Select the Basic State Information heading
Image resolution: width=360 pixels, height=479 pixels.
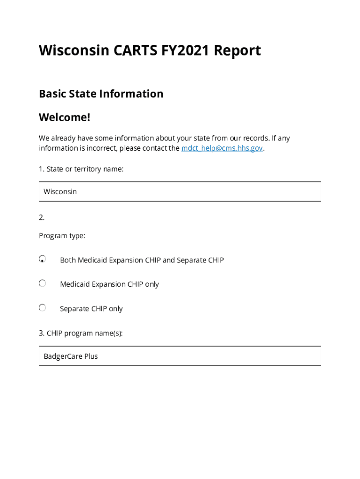coord(101,94)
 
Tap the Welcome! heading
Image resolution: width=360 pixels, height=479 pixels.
coord(65,117)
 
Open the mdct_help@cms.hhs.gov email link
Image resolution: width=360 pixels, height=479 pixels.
coord(222,148)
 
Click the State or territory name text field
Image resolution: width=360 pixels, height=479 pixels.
coord(180,191)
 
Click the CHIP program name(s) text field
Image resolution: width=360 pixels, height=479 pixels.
coord(180,356)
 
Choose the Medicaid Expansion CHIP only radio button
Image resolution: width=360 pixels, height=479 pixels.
coord(43,283)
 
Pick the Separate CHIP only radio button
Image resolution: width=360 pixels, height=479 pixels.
coord(43,308)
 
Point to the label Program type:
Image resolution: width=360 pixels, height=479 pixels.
coord(62,236)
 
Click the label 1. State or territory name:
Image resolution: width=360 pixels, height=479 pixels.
coord(81,169)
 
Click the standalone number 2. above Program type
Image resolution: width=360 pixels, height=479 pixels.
coord(42,217)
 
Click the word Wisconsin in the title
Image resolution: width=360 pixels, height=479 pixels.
coord(74,51)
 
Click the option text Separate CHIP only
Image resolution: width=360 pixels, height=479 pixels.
coord(91,309)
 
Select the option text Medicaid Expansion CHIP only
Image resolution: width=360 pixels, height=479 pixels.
coord(109,284)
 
